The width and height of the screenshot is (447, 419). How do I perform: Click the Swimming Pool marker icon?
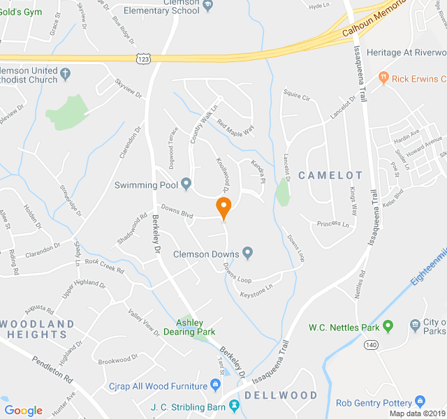(x=186, y=184)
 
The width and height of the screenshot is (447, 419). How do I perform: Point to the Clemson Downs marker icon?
(x=247, y=253)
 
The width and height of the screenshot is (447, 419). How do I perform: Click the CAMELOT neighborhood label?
(x=330, y=175)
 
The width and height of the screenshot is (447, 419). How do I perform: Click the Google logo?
(x=24, y=411)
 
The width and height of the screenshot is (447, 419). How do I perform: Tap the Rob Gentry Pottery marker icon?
(x=420, y=402)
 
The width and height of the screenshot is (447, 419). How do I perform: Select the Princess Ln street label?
(x=332, y=224)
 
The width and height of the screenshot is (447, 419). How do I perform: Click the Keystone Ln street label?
(x=256, y=286)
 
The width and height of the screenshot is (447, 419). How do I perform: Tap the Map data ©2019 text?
(x=416, y=413)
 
